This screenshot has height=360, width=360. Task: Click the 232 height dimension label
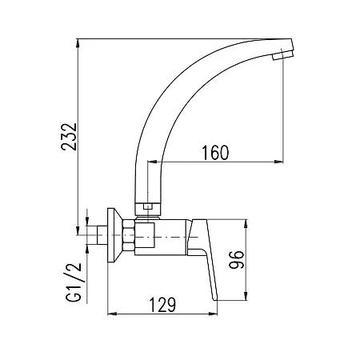click(69, 137)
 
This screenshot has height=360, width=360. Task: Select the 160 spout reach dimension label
click(215, 153)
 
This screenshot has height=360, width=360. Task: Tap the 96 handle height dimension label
click(237, 259)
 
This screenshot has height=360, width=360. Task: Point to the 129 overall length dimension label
click(162, 305)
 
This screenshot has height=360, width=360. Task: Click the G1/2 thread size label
click(74, 282)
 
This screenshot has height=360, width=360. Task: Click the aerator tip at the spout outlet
click(282, 55)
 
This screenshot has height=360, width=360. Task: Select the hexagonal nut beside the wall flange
click(129, 235)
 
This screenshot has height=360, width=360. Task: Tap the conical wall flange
click(114, 235)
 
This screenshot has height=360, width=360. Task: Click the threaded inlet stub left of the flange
click(102, 235)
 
